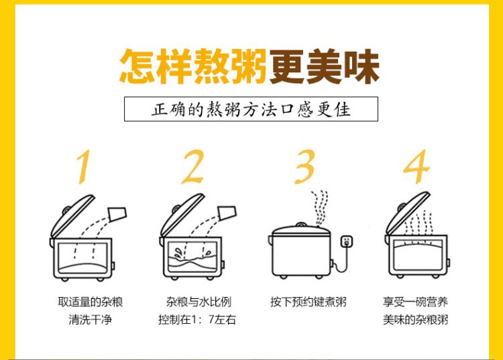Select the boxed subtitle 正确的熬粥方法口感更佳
pos(251,109)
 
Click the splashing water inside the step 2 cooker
pos(192,257)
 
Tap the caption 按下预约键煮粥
pos(309,302)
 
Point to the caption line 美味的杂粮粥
pos(416,320)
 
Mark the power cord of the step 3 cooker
pos(343,261)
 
